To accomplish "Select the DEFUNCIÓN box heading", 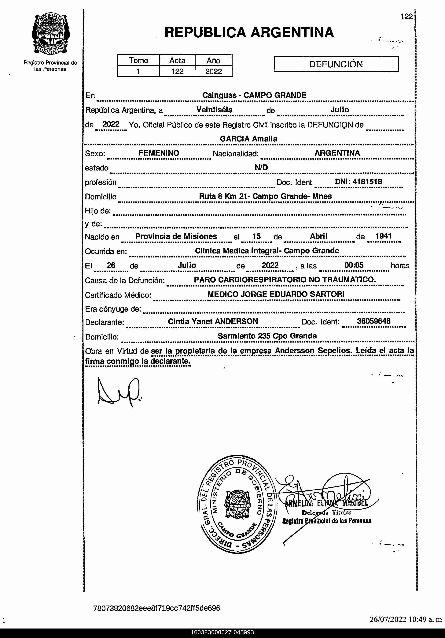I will tap(336, 64).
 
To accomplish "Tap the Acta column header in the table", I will tap(177, 60).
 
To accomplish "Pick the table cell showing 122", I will tap(177, 71).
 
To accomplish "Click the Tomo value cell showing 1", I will tap(138, 71).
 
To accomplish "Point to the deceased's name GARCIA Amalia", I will tap(248, 139).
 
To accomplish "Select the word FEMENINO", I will tap(159, 153).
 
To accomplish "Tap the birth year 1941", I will tap(383, 236).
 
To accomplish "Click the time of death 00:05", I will tap(354, 265).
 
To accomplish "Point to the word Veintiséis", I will tap(214, 110).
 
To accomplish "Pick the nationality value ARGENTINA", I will tap(337, 153).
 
